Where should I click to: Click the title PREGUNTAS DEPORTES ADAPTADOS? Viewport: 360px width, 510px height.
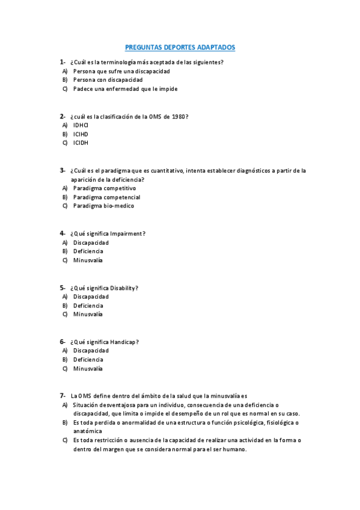coord(180,46)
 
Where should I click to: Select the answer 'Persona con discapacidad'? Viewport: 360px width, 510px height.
coord(108,80)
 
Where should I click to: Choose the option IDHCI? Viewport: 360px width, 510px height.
coord(81,125)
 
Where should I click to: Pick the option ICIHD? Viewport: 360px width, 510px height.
coord(81,134)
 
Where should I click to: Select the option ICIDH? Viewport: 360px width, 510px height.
coord(81,143)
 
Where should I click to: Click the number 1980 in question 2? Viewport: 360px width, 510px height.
coord(177,116)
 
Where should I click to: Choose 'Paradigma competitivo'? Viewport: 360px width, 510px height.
coord(105,188)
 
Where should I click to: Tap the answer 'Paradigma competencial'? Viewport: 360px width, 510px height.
coord(106,197)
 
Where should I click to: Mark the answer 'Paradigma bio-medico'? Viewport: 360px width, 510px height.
coord(103,206)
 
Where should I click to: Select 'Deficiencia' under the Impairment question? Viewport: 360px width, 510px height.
coord(88,251)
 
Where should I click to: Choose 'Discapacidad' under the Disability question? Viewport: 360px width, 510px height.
coord(91,296)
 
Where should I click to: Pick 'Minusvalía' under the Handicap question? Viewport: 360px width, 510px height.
coord(88,369)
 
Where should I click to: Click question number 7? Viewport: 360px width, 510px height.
coord(62,396)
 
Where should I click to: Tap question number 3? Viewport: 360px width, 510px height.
coord(62,170)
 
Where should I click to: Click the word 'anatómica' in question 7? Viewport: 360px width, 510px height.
coord(87,431)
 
